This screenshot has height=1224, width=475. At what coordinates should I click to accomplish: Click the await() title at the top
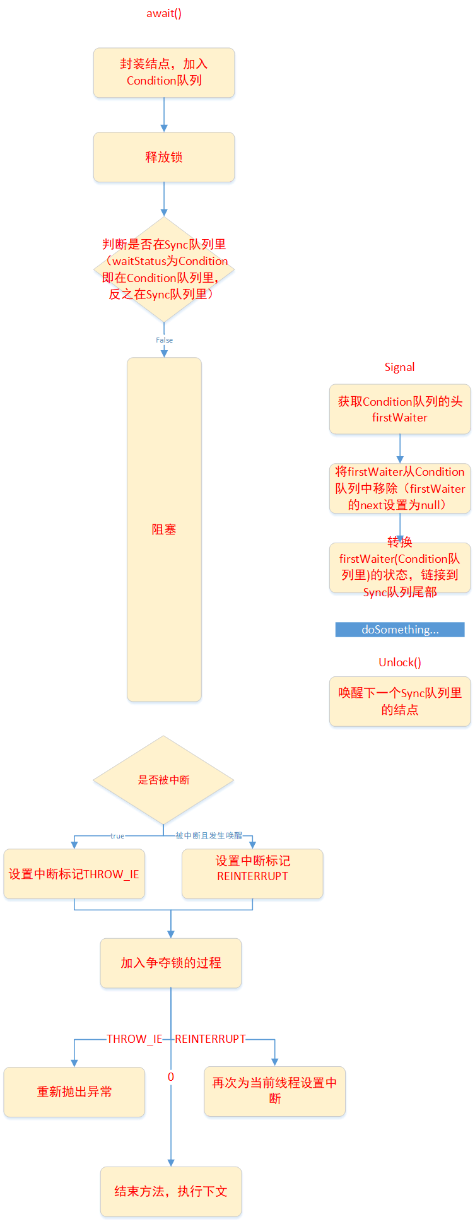pyautogui.click(x=164, y=13)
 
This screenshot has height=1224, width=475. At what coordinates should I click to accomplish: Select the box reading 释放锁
pyautogui.click(x=164, y=157)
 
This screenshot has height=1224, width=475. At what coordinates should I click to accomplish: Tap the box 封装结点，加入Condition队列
pyautogui.click(x=164, y=73)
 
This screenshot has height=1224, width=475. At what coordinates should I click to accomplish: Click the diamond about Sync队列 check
pyautogui.click(x=164, y=269)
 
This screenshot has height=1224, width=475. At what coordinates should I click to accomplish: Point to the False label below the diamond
pyautogui.click(x=164, y=340)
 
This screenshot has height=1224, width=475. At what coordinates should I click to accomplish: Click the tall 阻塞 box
pyautogui.click(x=164, y=529)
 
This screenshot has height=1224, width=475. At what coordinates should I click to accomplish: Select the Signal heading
pyautogui.click(x=399, y=367)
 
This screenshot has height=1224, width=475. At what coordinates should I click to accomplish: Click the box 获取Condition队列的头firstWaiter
pyautogui.click(x=399, y=409)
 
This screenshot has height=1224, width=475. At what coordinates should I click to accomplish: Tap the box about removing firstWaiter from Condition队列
pyautogui.click(x=399, y=488)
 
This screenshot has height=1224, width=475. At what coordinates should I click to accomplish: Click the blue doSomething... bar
pyautogui.click(x=399, y=630)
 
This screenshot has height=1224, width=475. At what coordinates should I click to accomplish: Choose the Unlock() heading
pyautogui.click(x=399, y=662)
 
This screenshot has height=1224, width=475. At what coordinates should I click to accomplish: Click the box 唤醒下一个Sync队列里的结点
pyautogui.click(x=399, y=701)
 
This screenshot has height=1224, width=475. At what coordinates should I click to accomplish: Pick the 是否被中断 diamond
pyautogui.click(x=164, y=780)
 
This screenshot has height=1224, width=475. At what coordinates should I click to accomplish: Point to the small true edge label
pyautogui.click(x=117, y=836)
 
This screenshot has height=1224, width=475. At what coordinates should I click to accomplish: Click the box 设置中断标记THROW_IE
pyautogui.click(x=74, y=874)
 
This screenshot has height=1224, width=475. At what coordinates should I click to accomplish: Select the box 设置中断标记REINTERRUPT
pyautogui.click(x=252, y=874)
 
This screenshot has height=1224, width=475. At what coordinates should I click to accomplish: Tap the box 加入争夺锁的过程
pyautogui.click(x=171, y=963)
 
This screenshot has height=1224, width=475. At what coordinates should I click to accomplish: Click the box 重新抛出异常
pyautogui.click(x=74, y=1092)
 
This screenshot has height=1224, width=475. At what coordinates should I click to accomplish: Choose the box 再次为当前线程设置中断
pyautogui.click(x=274, y=1091)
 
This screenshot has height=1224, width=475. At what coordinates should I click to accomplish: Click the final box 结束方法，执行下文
pyautogui.click(x=171, y=1191)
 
